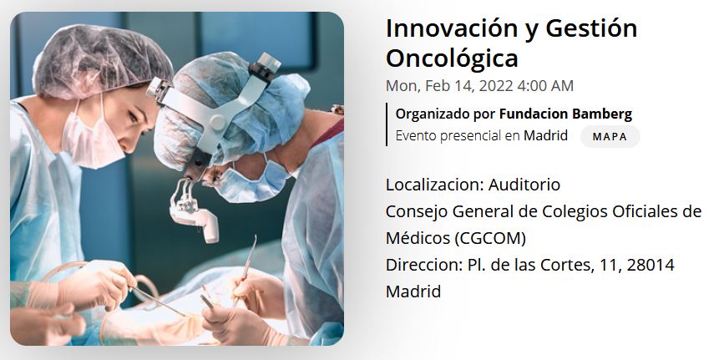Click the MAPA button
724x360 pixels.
(610, 137)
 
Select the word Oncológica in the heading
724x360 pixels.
(452, 58)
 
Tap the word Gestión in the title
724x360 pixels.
(591, 28)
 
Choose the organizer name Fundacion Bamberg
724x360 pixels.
(565, 114)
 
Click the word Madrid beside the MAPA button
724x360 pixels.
(545, 136)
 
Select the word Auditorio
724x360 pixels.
(524, 185)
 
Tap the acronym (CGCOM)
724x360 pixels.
(490, 238)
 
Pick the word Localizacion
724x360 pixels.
(434, 185)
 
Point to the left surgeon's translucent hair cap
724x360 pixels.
(102, 62)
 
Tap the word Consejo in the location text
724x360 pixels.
(416, 212)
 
